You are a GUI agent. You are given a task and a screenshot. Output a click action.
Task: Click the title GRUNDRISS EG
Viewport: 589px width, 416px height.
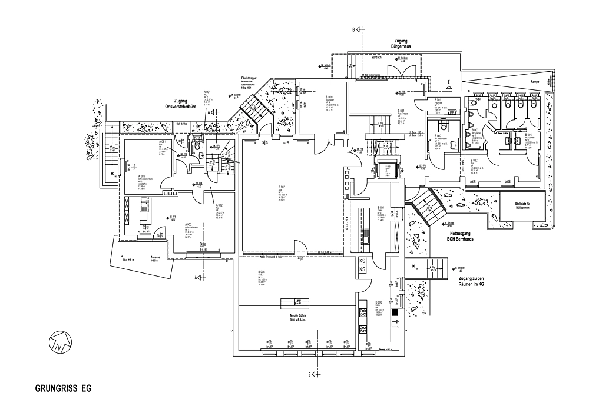[63, 389]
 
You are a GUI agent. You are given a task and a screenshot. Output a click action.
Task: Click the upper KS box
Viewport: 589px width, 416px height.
[362, 261]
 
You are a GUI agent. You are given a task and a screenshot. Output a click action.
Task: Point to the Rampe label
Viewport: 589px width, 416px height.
[535, 82]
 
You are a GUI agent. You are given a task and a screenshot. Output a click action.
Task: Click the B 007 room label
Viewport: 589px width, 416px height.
[282, 188]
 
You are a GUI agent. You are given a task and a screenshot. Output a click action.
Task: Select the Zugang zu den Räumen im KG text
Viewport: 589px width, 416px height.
[470, 281]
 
